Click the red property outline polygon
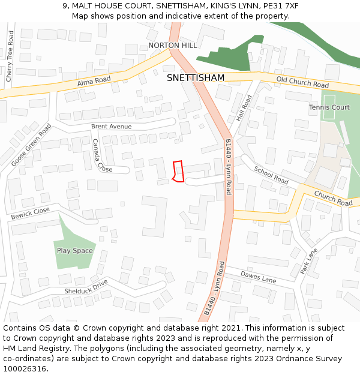pos(178,171)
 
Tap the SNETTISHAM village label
pos(196,78)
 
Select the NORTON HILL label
pos(173,46)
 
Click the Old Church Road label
pos(302,82)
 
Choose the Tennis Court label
pos(329,107)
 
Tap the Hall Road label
pos(244,108)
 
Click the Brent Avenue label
pos(111,127)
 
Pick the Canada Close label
pos(98,155)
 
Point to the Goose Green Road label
pos(31,145)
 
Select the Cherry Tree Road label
pos(10,57)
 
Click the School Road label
pos(271,175)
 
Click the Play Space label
pos(75,250)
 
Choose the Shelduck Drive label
pos(86,287)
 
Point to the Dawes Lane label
pos(258,277)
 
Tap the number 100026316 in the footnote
pos(25,369)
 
